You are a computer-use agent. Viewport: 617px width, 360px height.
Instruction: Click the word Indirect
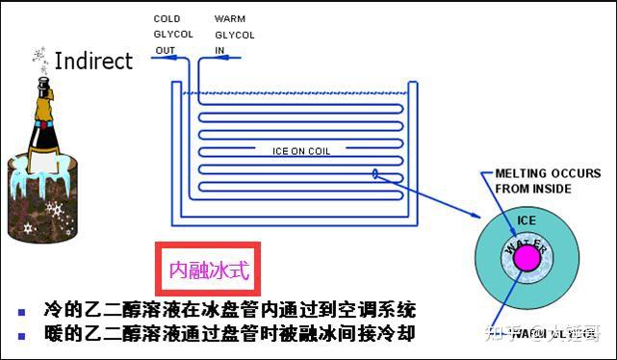pyautogui.click(x=93, y=62)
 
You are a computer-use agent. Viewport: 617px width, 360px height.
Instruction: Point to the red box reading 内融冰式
pyautogui.click(x=209, y=270)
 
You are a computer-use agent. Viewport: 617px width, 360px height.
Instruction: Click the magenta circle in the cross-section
pyautogui.click(x=527, y=258)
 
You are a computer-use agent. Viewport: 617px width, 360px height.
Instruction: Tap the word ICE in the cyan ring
pyautogui.click(x=526, y=220)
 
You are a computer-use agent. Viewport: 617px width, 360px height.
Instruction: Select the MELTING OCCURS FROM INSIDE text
pyautogui.click(x=535, y=181)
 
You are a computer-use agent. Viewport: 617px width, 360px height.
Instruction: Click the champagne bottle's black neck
pyautogui.click(x=43, y=92)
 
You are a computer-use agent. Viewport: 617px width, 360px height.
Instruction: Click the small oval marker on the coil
pyautogui.click(x=373, y=174)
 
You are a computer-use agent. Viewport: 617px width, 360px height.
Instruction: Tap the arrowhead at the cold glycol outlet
pyautogui.click(x=155, y=60)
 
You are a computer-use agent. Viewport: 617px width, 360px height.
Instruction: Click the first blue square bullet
pyautogui.click(x=22, y=312)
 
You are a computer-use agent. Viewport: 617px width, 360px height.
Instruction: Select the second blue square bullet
pyautogui.click(x=22, y=337)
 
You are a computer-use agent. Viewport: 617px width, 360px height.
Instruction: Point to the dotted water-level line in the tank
pyautogui.click(x=298, y=93)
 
